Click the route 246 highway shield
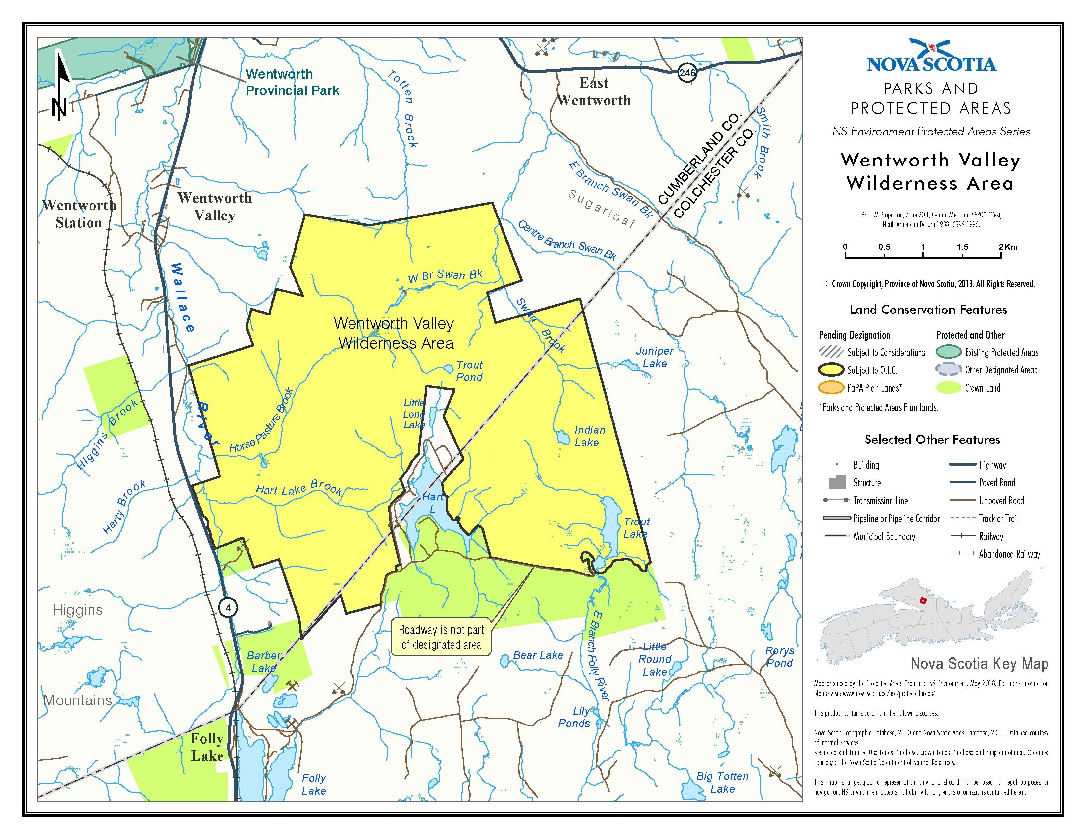click(687, 73)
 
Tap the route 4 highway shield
click(228, 607)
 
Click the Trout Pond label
click(469, 371)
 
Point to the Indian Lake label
click(589, 436)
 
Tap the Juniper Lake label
click(654, 357)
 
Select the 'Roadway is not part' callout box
click(441, 637)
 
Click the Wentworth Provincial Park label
click(292, 82)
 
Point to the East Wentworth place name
click(594, 91)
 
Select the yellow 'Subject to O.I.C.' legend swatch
click(831, 370)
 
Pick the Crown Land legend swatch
click(948, 388)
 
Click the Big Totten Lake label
click(722, 782)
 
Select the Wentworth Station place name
click(79, 214)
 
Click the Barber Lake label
click(264, 662)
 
